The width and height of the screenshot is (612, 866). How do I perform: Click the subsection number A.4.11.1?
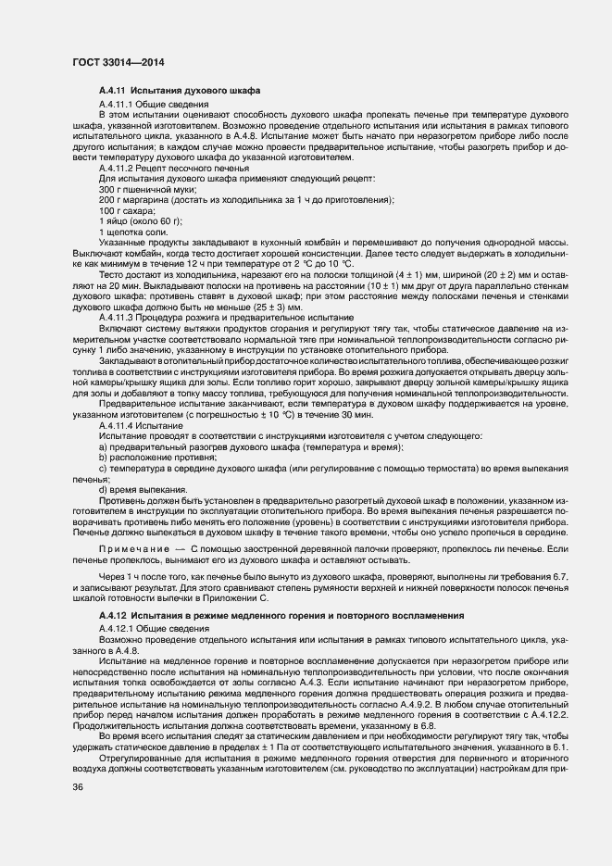tap(117, 103)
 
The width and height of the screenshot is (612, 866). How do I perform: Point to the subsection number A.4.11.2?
tap(118, 169)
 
